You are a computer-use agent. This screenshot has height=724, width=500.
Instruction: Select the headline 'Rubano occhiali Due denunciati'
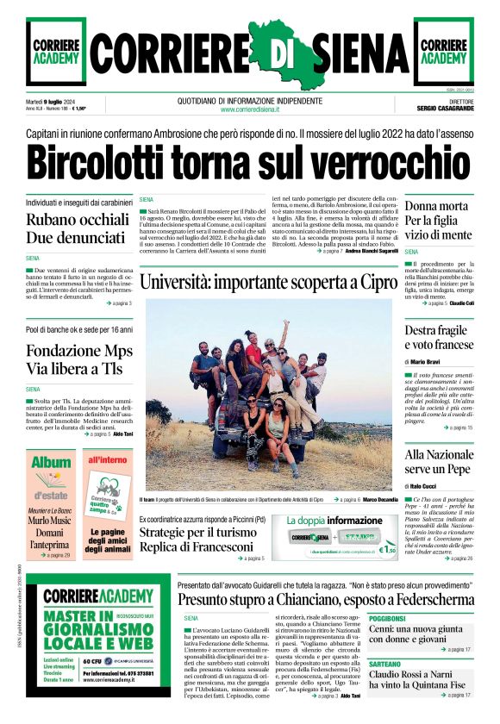(76, 229)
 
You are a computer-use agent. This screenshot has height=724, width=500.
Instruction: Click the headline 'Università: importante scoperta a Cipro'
(269, 283)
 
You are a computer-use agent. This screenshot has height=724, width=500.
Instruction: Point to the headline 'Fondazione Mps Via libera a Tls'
(79, 360)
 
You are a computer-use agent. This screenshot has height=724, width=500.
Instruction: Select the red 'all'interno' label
(107, 460)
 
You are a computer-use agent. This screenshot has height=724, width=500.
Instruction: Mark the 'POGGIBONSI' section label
(387, 619)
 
